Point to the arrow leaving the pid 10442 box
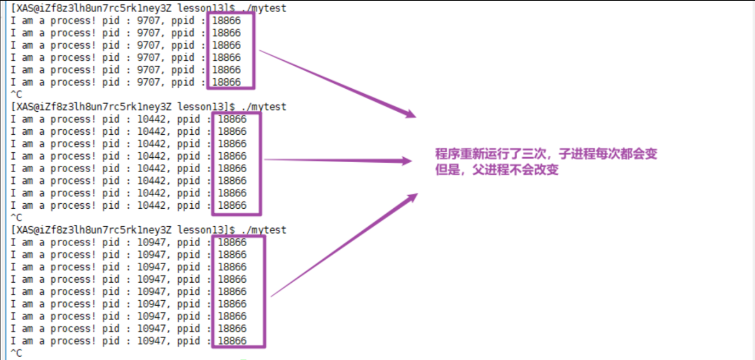(x=337, y=161)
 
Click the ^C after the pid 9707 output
(x=16, y=94)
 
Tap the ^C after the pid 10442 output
(x=16, y=218)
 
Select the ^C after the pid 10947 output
(x=16, y=353)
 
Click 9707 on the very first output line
(x=148, y=21)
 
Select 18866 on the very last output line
(x=232, y=341)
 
